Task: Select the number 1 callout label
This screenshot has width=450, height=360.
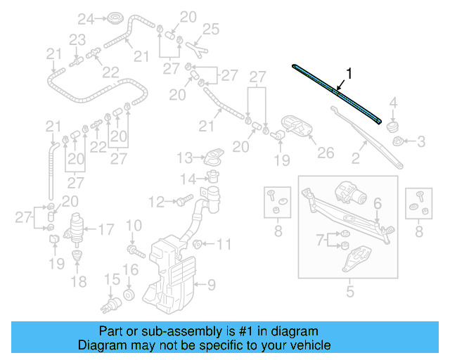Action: point(348,72)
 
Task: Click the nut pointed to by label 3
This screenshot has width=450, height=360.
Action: point(399,142)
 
